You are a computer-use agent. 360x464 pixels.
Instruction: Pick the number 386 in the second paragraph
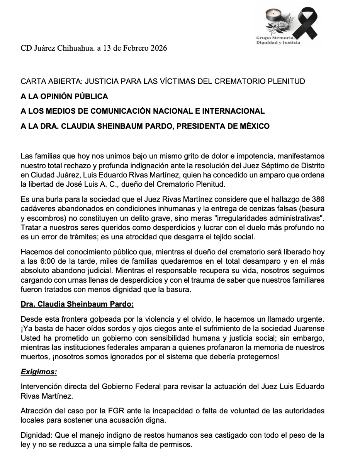pyautogui.click(x=318, y=199)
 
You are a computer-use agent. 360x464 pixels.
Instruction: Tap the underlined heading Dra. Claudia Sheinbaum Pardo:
pyautogui.click(x=77, y=304)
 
